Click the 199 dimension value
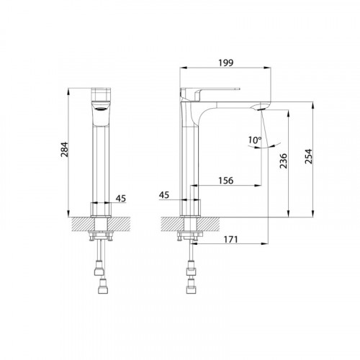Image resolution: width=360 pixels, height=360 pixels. pos(225,63)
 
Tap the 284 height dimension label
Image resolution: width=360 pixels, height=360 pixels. pos(65,150)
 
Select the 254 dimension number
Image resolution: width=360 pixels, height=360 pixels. pos(309,156)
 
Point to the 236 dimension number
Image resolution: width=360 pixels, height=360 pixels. pos(284,161)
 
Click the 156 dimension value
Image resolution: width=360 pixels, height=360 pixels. pos(225,181)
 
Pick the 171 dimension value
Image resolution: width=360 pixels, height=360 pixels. pos(230,239)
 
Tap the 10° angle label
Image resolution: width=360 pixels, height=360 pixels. pos(255,140)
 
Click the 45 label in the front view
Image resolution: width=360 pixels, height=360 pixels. pos(121,199)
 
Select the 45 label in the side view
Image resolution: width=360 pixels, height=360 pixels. pos(164,195)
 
